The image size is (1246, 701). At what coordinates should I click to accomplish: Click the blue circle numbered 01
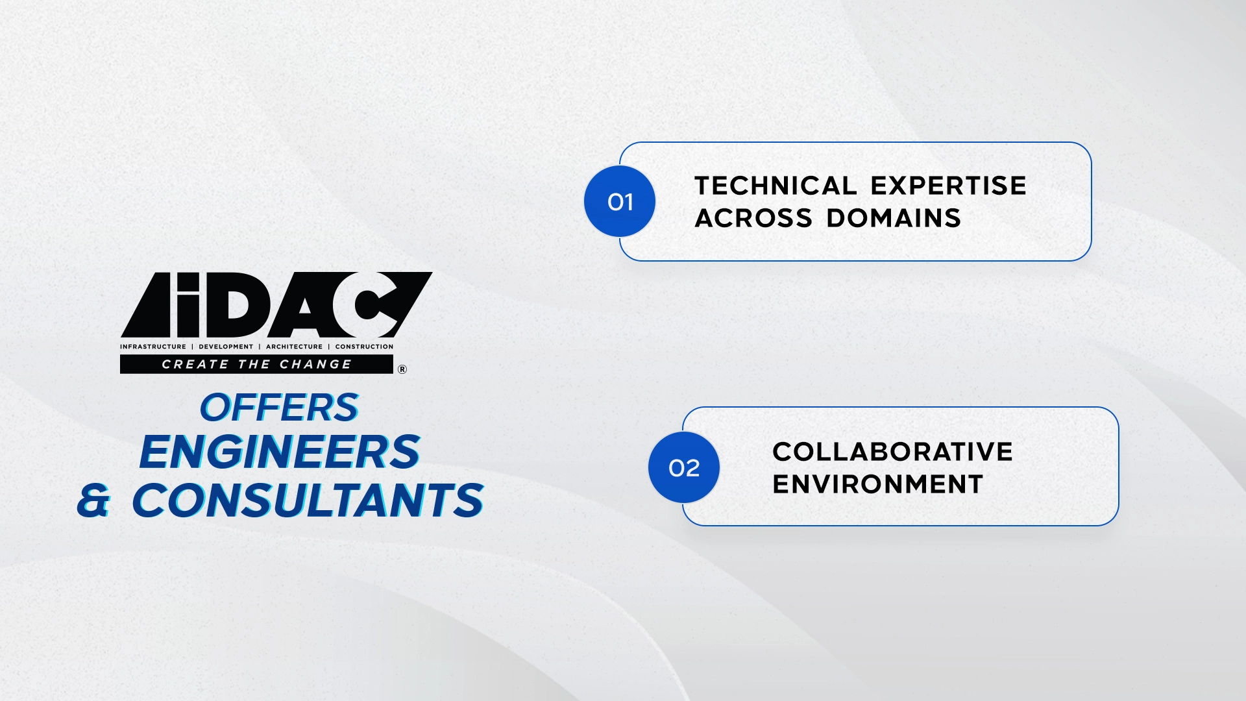tap(620, 201)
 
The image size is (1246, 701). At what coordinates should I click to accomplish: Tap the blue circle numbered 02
tap(684, 467)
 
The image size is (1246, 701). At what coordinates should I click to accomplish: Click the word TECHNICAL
tap(776, 186)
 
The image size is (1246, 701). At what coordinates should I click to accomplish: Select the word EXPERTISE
tap(949, 186)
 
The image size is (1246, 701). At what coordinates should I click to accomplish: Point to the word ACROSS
tap(753, 218)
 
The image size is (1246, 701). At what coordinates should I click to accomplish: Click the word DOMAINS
tap(894, 218)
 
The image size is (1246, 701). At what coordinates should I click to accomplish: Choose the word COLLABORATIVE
tap(892, 452)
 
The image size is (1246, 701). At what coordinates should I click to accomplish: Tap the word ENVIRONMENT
tap(878, 484)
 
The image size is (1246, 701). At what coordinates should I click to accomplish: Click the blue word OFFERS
tap(279, 408)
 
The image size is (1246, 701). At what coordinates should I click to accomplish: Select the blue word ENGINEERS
tap(280, 452)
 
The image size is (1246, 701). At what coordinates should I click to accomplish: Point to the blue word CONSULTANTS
tap(308, 500)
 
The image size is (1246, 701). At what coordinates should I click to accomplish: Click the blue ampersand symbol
tap(93, 501)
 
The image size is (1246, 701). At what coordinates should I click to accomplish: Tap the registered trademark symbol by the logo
tap(402, 369)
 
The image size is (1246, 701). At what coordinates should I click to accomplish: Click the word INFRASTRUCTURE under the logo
tap(153, 347)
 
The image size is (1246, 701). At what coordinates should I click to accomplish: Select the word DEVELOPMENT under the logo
tap(226, 347)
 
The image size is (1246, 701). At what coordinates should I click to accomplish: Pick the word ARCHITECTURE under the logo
tap(294, 347)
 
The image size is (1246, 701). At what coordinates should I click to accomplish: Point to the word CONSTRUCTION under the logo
tap(364, 347)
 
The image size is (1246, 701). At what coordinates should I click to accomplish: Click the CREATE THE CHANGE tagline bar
tap(256, 364)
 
